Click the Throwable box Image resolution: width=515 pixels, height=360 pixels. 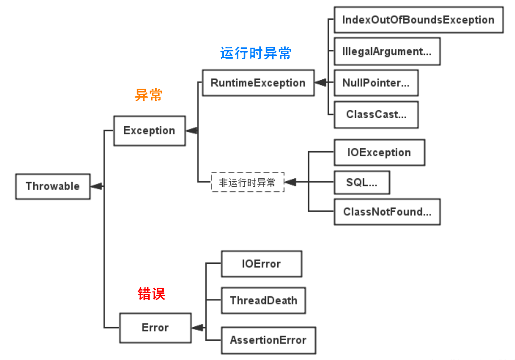pyautogui.click(x=53, y=186)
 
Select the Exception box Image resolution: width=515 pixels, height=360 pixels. pyautogui.click(x=149, y=130)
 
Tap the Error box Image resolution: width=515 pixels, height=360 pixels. pyautogui.click(x=155, y=328)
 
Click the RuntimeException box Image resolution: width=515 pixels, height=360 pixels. pyautogui.click(x=258, y=83)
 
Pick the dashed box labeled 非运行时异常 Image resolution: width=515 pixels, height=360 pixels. pyautogui.click(x=248, y=183)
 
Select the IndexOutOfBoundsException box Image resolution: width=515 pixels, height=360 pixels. pyautogui.click(x=418, y=20)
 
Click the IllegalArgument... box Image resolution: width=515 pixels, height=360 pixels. pyautogui.click(x=386, y=52)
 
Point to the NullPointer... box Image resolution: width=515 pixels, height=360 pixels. pyautogui.click(x=376, y=83)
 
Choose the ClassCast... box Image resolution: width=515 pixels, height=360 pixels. pyautogui.click(x=376, y=115)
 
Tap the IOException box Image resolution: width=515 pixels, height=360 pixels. pyautogui.click(x=379, y=153)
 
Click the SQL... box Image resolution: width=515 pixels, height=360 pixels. pyautogui.click(x=362, y=183)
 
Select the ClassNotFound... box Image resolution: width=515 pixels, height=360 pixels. pyautogui.click(x=386, y=212)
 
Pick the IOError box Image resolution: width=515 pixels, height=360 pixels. pyautogui.click(x=261, y=264)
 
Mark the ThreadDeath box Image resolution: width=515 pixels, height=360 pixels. pyautogui.click(x=263, y=301)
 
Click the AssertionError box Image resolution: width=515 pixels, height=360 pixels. pyautogui.click(x=268, y=340)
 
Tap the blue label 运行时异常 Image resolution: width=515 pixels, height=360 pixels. pyautogui.click(x=256, y=53)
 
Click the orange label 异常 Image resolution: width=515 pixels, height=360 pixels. pyautogui.click(x=149, y=95)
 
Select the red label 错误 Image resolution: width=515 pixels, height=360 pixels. pyautogui.click(x=151, y=294)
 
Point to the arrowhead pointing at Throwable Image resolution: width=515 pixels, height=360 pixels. pyautogui.click(x=96, y=186)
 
